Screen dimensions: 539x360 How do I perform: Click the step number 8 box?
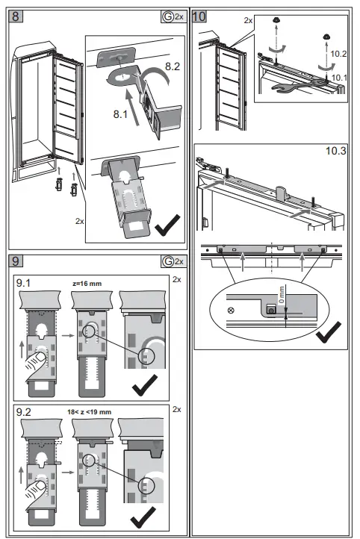click(x=16, y=15)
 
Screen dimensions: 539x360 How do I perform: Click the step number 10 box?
click(x=199, y=15)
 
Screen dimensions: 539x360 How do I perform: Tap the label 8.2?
click(x=172, y=67)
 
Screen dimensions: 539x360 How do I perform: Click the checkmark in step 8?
click(x=168, y=225)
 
